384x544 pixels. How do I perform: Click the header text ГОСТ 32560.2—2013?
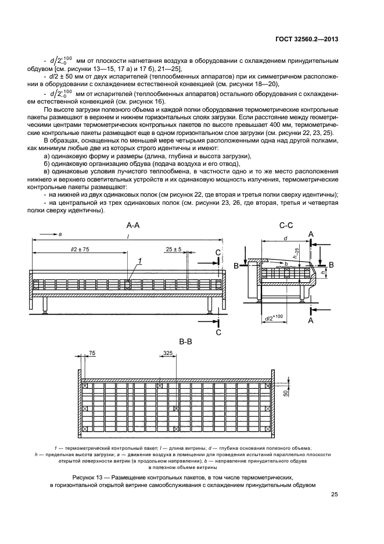pos(306,39)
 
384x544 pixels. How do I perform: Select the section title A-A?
pos(133,226)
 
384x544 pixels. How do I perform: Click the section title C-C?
pos(286,226)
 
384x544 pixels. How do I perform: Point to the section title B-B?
pos(185,342)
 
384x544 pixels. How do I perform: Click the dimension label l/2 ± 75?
pos(79,249)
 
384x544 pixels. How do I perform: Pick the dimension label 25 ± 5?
pos(174,249)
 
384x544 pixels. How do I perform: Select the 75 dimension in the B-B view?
pos(92,353)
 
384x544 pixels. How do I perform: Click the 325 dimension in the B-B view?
pos(168,353)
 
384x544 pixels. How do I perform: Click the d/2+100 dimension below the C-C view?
pos(274,317)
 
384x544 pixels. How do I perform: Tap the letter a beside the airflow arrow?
pos(60,235)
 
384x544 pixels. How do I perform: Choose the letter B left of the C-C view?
pos(236,266)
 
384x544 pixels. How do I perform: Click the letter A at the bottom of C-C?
pos(311,321)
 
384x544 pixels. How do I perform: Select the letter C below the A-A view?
pos(218,332)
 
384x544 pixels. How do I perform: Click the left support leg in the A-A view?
pos(45,305)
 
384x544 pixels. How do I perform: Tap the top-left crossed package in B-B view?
pos(84,385)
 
